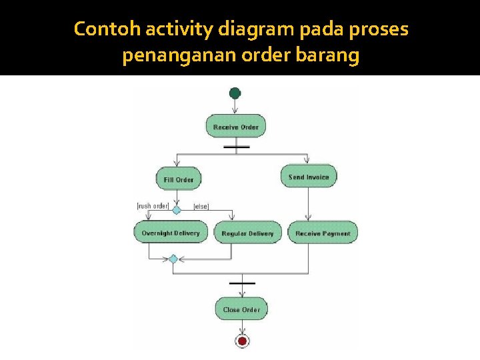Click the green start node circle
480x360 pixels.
click(235, 93)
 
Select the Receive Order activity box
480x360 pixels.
click(235, 126)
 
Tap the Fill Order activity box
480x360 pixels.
click(178, 179)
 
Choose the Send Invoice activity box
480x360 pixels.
click(309, 177)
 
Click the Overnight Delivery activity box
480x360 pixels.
click(171, 233)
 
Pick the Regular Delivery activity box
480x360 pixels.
click(247, 233)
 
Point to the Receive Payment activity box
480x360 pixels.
click(323, 233)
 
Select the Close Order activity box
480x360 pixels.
click(241, 309)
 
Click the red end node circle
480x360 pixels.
click(242, 341)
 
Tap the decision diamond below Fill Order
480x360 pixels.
click(177, 209)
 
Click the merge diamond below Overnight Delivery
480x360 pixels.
click(173, 259)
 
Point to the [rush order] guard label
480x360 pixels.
click(153, 206)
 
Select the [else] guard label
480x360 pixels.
click(201, 207)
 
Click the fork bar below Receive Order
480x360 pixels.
click(237, 147)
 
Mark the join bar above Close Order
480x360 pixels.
click(242, 283)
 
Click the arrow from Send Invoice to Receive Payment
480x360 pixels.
click(309, 203)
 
